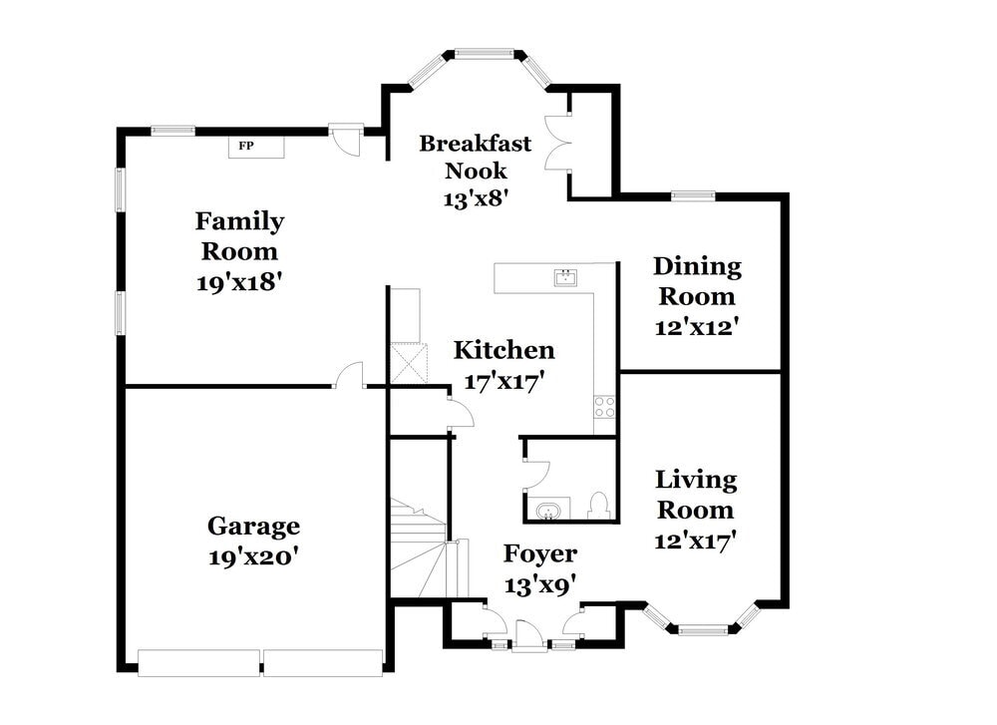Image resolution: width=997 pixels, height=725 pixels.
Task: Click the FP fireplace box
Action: pos(256,147)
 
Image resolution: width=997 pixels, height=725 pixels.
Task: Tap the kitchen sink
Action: pos(565,277)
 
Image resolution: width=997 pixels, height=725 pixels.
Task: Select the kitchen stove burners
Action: pos(605,407)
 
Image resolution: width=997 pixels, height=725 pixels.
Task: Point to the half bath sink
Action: pos(546,511)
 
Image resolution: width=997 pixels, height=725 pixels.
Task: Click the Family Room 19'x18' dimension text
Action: pos(239,282)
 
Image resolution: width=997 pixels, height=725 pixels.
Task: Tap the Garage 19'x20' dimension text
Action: pos(253,556)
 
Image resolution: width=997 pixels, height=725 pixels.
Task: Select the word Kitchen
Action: pos(503,350)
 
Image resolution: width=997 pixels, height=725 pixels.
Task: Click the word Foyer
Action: pos(539,553)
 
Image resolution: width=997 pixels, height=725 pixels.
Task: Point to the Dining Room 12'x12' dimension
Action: pos(696,327)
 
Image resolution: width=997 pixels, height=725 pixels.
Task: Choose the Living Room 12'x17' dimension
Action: pos(696,541)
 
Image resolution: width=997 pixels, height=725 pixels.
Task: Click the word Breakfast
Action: pos(475,143)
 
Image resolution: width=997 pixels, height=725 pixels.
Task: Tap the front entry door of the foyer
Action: pos(529,635)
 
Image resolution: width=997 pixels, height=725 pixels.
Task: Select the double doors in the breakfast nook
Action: pos(557,143)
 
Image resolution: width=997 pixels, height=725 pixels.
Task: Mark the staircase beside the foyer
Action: pos(419,547)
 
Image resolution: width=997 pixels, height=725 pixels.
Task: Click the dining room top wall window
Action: pos(693,195)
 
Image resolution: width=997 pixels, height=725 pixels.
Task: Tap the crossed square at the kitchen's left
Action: pos(408,364)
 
